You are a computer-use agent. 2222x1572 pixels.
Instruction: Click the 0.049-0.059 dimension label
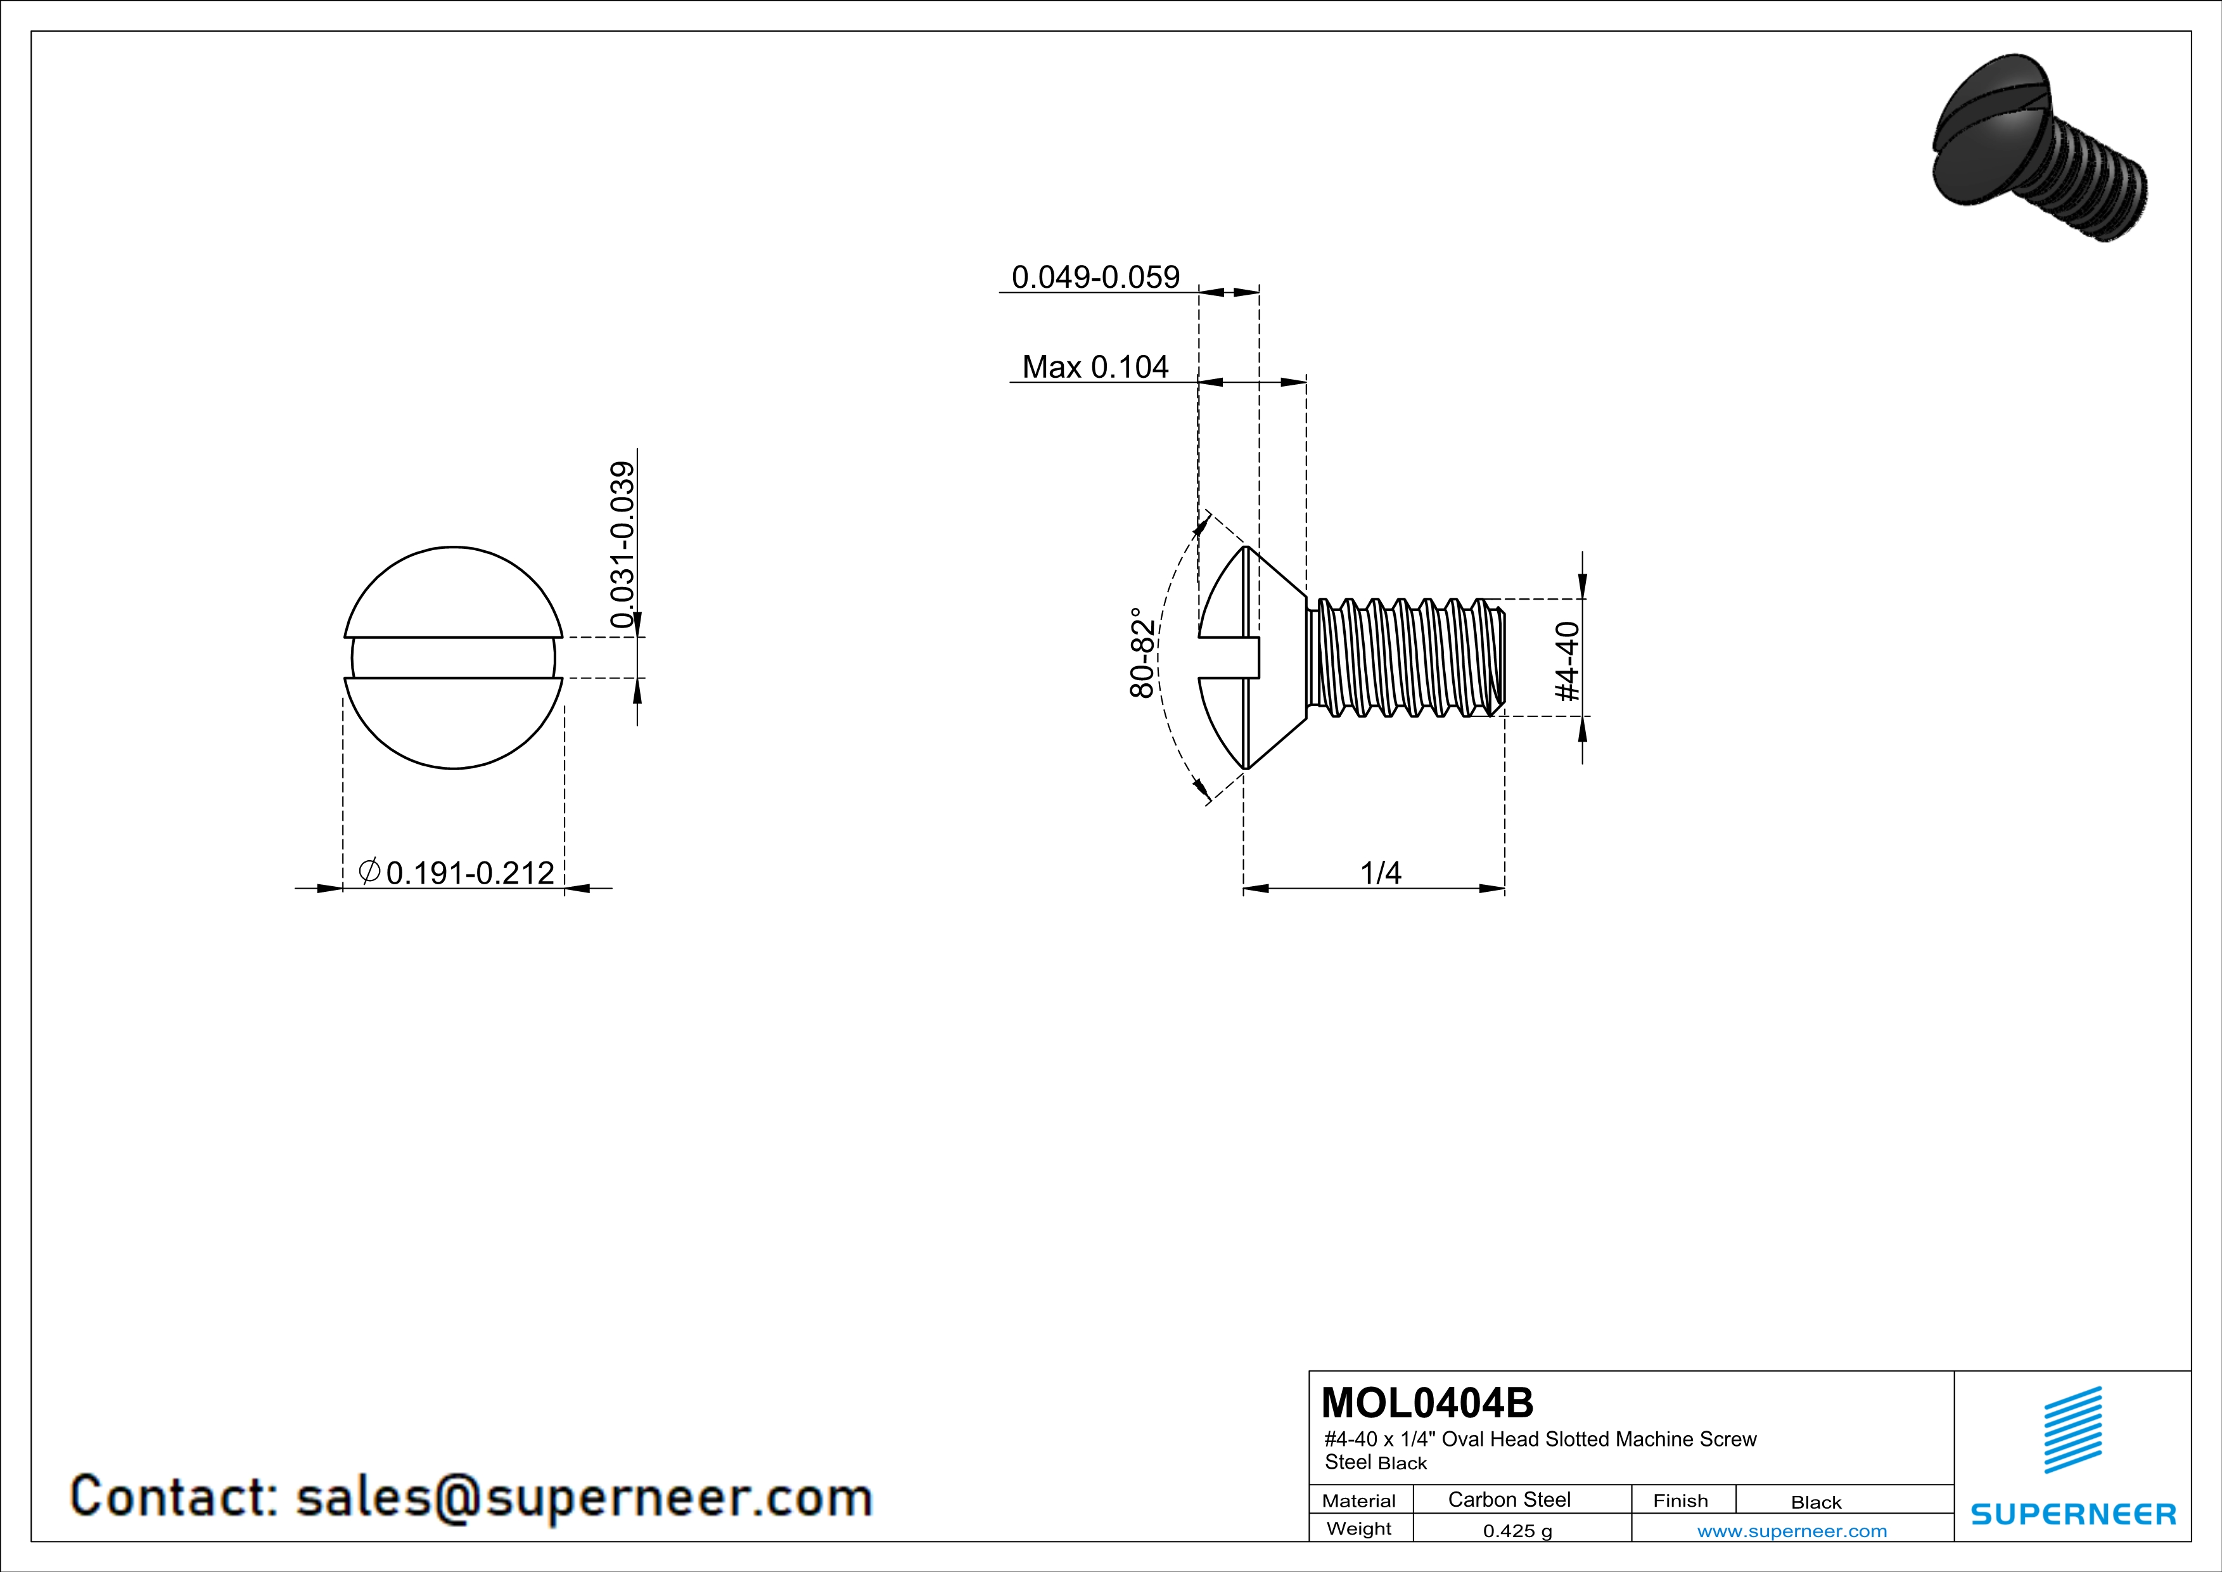point(1095,277)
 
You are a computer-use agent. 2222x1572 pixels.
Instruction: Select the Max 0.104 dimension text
point(1095,367)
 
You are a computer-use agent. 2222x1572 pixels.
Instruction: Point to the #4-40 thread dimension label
point(1567,661)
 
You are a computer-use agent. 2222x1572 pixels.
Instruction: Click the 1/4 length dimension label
point(1381,873)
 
